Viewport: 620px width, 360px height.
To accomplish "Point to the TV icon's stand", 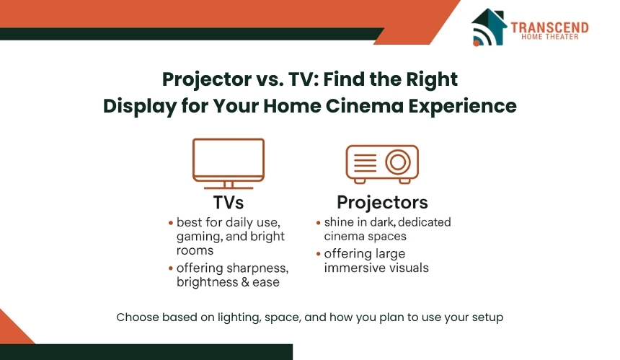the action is coord(229,185).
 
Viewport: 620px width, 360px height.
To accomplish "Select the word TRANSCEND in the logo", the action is coord(549,27).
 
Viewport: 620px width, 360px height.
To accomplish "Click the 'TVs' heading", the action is coord(229,203).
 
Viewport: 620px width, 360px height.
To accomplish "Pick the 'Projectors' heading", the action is coord(382,203).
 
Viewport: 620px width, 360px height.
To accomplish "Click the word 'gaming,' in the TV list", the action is coord(196,237).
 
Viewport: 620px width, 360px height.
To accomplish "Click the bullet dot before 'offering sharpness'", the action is coord(171,268).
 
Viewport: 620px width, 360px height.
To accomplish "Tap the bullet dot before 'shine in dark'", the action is coord(319,223).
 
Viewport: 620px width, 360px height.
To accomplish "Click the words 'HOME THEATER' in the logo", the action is coord(549,37).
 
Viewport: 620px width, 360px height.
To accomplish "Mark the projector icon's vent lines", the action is coord(365,162).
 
